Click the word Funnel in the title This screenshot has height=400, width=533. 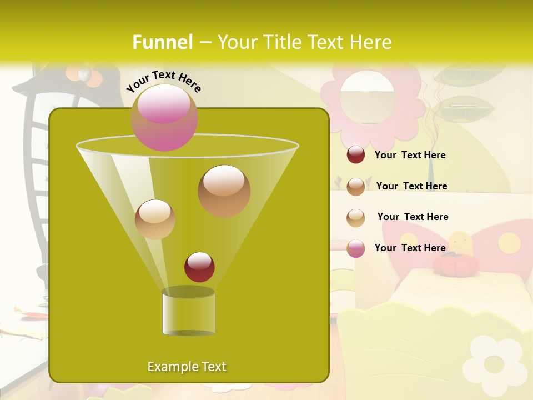162,42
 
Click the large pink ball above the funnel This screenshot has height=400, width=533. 164,117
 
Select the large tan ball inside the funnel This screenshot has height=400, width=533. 224,191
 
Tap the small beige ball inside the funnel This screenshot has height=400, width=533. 155,219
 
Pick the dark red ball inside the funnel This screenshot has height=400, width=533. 199,267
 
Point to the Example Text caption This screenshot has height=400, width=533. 187,367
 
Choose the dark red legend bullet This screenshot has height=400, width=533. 356,155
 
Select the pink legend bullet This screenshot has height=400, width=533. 356,248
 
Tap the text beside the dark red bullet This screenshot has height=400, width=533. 410,156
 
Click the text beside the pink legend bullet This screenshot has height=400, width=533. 410,248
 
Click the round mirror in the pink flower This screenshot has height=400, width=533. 367,98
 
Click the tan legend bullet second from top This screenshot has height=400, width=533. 356,187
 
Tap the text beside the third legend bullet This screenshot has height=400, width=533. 413,217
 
